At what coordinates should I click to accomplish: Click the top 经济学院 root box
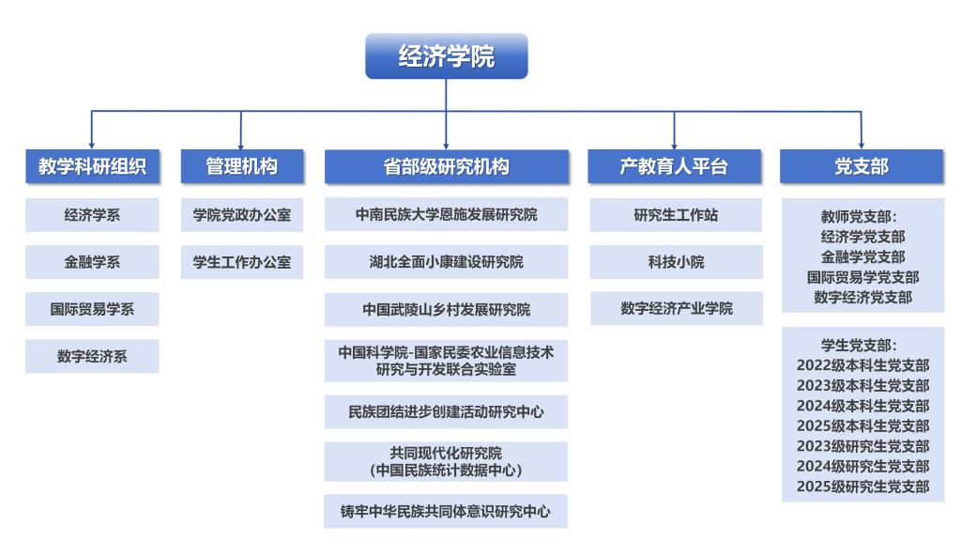pyautogui.click(x=446, y=55)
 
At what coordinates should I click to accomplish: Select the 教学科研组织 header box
pyautogui.click(x=92, y=166)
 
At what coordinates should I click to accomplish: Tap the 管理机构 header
pyautogui.click(x=241, y=166)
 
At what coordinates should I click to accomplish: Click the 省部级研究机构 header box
pyautogui.click(x=446, y=166)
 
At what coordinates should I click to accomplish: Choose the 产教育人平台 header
pyautogui.click(x=674, y=166)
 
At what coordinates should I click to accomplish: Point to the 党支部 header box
pyautogui.click(x=862, y=166)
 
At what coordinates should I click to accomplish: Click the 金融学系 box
pyautogui.click(x=92, y=262)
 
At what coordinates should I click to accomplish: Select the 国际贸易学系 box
pyautogui.click(x=92, y=309)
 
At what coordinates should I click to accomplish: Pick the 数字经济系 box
pyautogui.click(x=92, y=356)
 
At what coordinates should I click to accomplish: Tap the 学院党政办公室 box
pyautogui.click(x=241, y=215)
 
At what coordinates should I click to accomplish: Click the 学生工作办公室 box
pyautogui.click(x=241, y=262)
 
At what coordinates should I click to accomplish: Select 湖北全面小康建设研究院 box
pyautogui.click(x=446, y=262)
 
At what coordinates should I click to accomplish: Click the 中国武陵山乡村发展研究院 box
pyautogui.click(x=446, y=309)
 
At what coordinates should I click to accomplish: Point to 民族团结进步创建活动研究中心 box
pyautogui.click(x=446, y=411)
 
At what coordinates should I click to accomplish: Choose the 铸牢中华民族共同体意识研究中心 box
pyautogui.click(x=446, y=511)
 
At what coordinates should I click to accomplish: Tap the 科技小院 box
pyautogui.click(x=676, y=262)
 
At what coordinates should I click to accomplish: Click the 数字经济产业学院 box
pyautogui.click(x=676, y=308)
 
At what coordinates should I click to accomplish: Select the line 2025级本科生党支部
pyautogui.click(x=863, y=425)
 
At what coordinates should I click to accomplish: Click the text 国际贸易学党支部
pyautogui.click(x=863, y=277)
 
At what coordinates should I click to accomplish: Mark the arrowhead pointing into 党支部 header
pyautogui.click(x=862, y=146)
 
